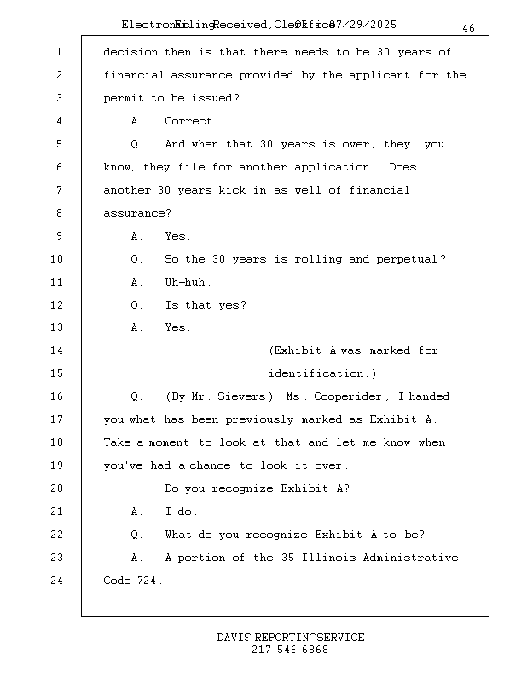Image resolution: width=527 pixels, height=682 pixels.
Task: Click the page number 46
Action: (x=468, y=28)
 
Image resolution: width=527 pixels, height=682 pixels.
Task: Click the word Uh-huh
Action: (x=187, y=282)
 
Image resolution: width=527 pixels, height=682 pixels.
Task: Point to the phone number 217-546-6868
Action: (x=290, y=650)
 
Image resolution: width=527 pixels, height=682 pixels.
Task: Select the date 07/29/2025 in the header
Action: (x=363, y=25)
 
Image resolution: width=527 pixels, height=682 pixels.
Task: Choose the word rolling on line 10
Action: (x=317, y=259)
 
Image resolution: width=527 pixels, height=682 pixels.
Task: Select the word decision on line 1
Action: (x=130, y=52)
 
